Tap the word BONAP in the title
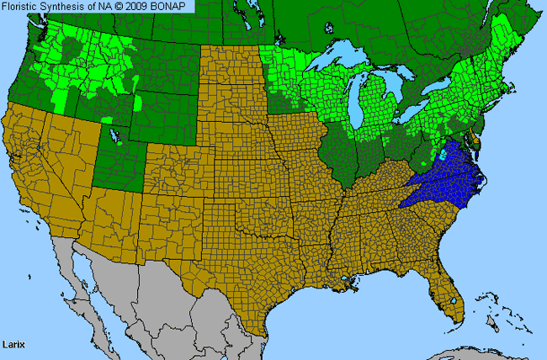pyautogui.click(x=173, y=6)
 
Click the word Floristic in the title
pyautogui.click(x=22, y=6)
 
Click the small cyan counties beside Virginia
pyautogui.click(x=443, y=156)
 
